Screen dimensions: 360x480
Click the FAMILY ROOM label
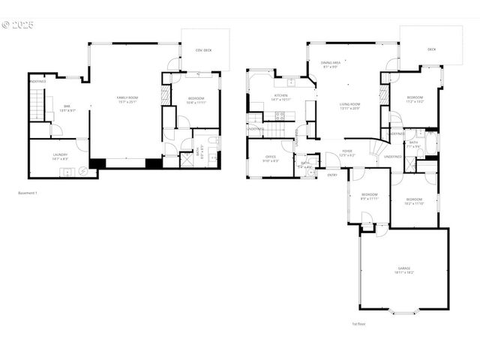click(127, 97)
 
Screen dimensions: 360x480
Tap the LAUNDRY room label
click(60, 154)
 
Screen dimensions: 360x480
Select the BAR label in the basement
click(67, 106)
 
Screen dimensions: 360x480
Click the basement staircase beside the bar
click(38, 103)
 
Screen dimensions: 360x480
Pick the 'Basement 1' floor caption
click(28, 193)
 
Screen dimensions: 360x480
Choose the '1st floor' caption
click(358, 324)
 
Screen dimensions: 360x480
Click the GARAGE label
click(404, 268)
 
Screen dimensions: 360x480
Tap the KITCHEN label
click(280, 95)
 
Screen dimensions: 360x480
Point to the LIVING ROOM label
click(349, 104)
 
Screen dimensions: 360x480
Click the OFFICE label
click(270, 157)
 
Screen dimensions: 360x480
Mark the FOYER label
click(347, 151)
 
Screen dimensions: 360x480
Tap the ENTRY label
click(331, 175)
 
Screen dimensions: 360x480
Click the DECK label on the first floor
click(431, 49)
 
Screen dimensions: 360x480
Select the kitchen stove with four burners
click(279, 115)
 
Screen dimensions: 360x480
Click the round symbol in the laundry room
click(83, 171)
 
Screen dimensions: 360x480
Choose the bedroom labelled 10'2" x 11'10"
click(414, 199)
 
